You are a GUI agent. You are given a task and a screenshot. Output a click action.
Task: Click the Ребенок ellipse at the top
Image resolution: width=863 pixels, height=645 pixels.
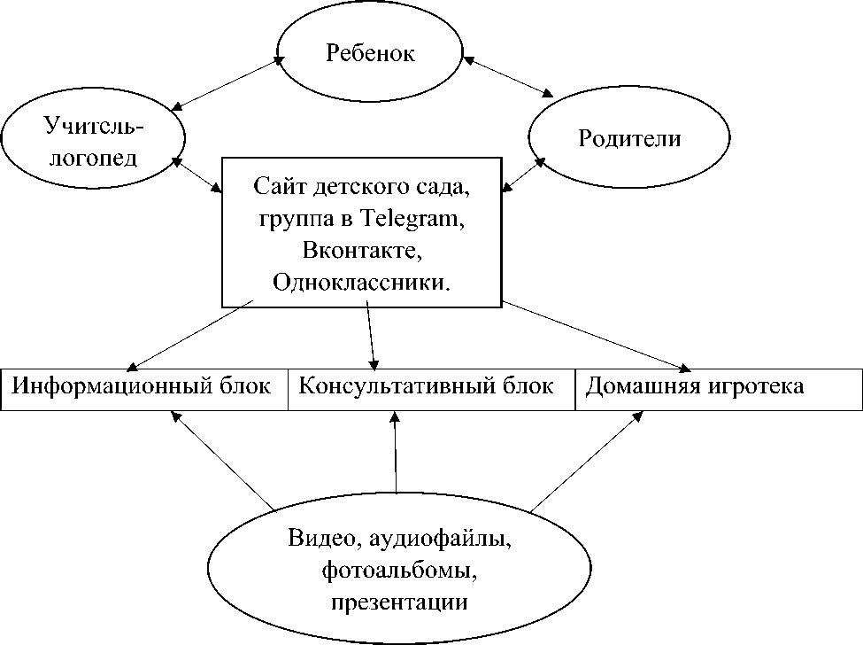371,54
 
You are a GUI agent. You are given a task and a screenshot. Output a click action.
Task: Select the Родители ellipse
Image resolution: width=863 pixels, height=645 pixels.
629,139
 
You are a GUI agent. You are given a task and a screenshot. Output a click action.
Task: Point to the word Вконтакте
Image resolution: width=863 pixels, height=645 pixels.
358,251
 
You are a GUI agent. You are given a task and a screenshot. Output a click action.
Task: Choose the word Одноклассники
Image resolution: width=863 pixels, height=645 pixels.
360,282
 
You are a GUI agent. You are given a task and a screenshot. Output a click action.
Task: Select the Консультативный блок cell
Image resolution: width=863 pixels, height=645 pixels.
428,388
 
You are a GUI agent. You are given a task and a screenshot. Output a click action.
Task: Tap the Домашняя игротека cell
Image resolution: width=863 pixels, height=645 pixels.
696,388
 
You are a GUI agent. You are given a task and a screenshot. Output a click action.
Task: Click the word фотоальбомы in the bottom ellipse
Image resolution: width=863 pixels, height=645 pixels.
400,571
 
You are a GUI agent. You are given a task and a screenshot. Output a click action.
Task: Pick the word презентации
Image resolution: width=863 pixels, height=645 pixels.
400,602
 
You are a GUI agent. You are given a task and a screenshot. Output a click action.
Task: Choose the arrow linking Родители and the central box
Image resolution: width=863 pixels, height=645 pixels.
523,174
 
